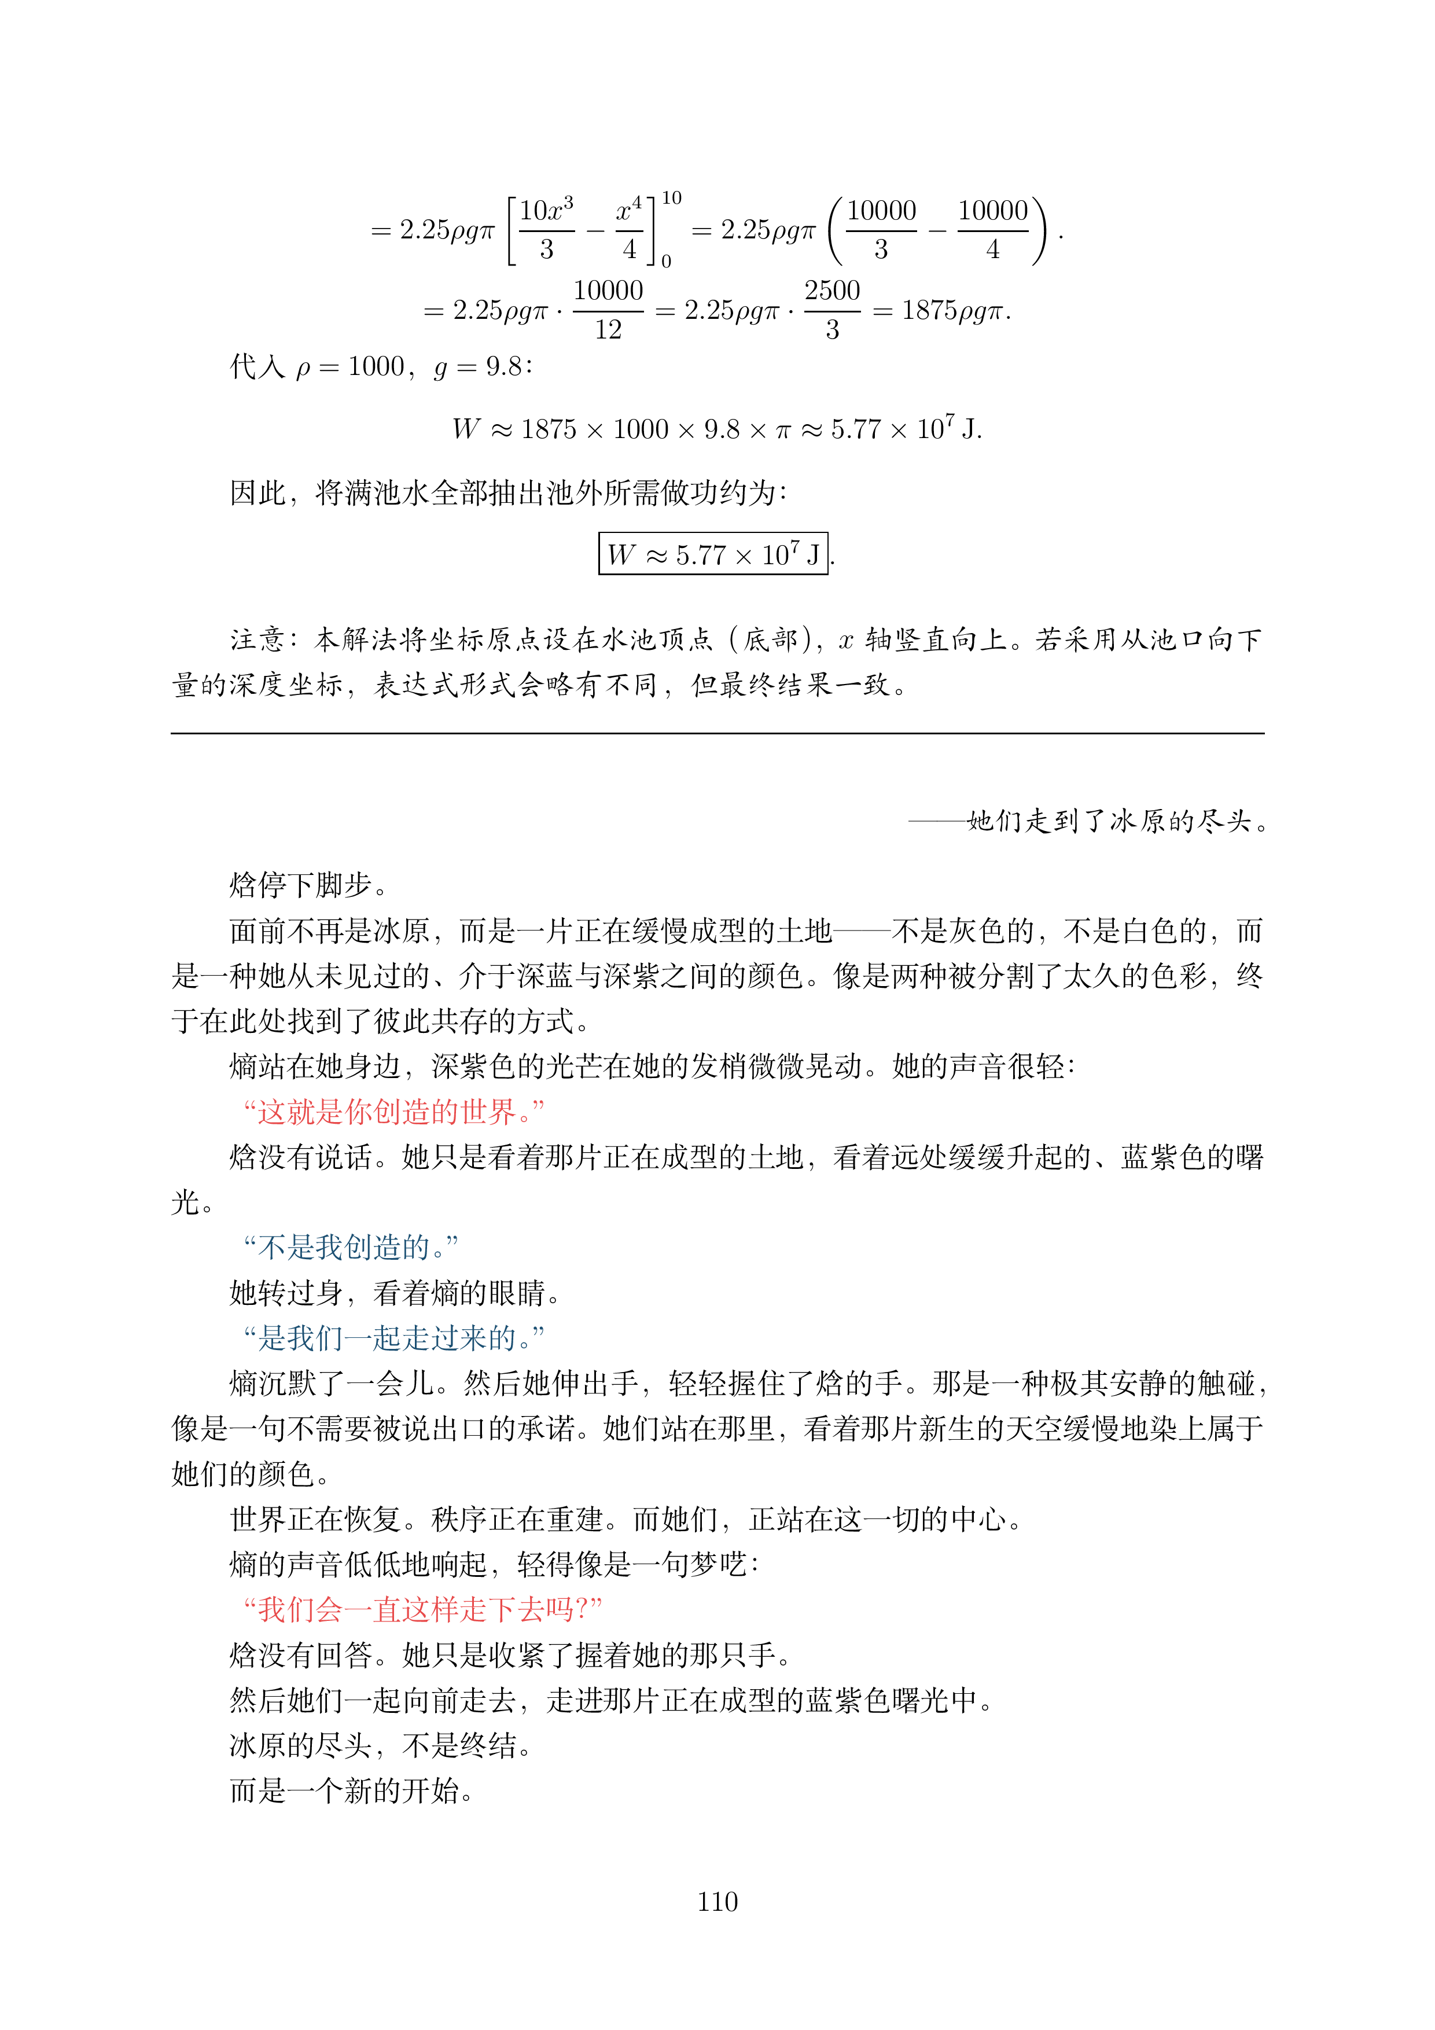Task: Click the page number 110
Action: click(x=717, y=1901)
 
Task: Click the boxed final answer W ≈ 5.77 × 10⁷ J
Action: click(x=713, y=553)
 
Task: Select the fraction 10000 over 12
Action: click(x=608, y=310)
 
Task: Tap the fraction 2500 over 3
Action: click(x=832, y=310)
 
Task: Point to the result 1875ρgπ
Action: click(x=952, y=310)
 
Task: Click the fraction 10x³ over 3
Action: click(x=546, y=229)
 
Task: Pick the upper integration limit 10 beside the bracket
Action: click(x=672, y=198)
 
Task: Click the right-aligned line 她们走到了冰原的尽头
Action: click(x=1087, y=821)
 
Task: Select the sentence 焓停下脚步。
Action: click(x=308, y=884)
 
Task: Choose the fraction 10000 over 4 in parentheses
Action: click(x=993, y=229)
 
